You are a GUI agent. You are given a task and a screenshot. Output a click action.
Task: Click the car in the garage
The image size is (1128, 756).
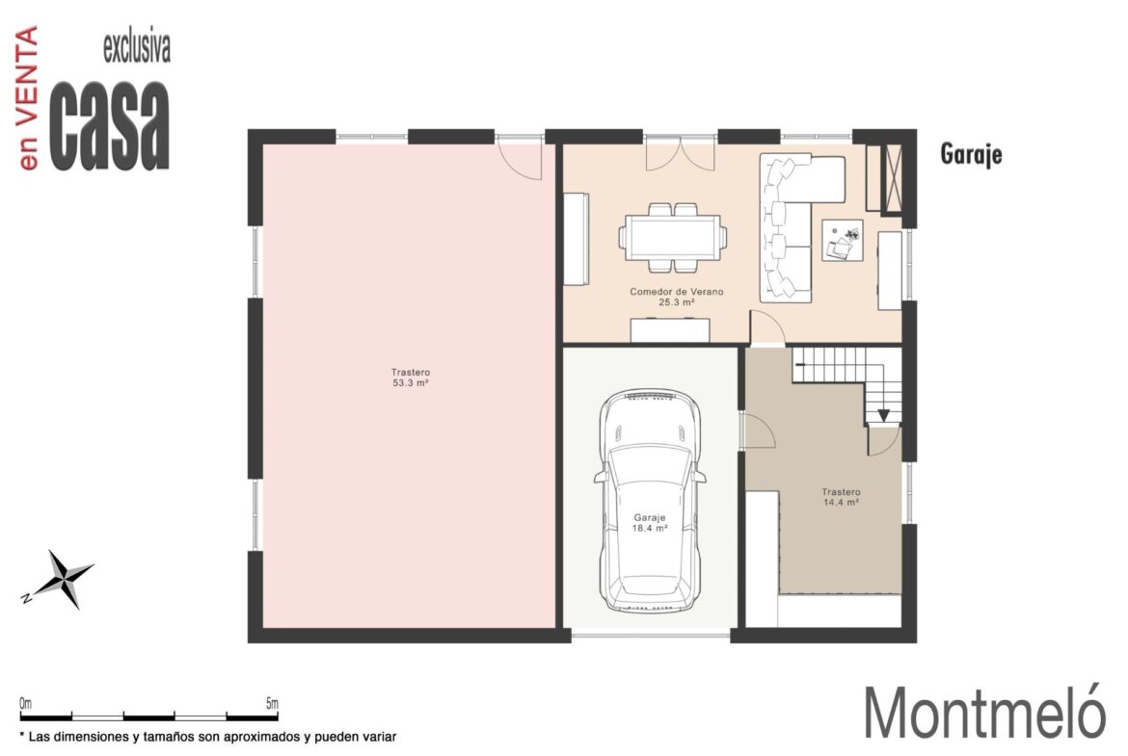coord(650,501)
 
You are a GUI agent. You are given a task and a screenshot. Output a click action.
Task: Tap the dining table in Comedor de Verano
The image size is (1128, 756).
coord(673,237)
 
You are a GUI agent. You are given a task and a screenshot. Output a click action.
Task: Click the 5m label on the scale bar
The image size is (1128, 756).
coord(272,704)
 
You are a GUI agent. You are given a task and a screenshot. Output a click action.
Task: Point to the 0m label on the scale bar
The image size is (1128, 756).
coord(26,704)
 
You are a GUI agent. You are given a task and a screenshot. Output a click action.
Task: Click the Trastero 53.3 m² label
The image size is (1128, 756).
coord(411,378)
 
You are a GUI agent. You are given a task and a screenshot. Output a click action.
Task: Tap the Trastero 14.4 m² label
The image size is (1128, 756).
coord(841,497)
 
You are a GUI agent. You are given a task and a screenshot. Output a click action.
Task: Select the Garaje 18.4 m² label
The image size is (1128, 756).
coord(650,522)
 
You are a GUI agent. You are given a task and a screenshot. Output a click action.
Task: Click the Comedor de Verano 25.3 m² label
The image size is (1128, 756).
coord(676,297)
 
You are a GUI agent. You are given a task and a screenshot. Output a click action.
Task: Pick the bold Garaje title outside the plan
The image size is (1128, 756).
coord(971,154)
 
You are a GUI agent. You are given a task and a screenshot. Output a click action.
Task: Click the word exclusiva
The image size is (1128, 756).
coord(137,47)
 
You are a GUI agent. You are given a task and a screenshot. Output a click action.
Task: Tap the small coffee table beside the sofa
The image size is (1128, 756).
coord(843,240)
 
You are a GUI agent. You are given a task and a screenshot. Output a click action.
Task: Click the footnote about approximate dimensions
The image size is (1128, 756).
coord(208,737)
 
